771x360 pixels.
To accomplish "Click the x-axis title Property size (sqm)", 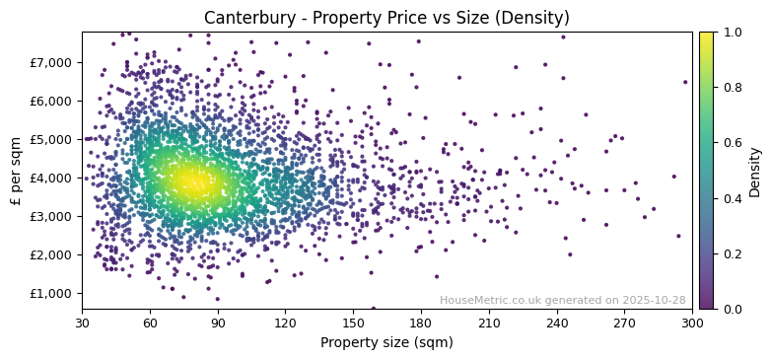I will point(386,342).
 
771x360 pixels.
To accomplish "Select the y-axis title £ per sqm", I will point(16,171).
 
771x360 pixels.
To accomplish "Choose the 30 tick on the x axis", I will point(82,323).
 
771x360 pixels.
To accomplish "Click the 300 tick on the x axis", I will point(692,323).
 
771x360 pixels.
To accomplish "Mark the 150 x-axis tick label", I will point(353,323).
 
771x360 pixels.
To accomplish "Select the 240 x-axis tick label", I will point(556,323).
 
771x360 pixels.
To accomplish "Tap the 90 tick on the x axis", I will point(218,323).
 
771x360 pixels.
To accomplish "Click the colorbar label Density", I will point(755,171).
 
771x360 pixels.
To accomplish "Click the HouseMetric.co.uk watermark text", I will point(562,300).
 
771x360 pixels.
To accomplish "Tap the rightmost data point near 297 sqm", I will point(685,82).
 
